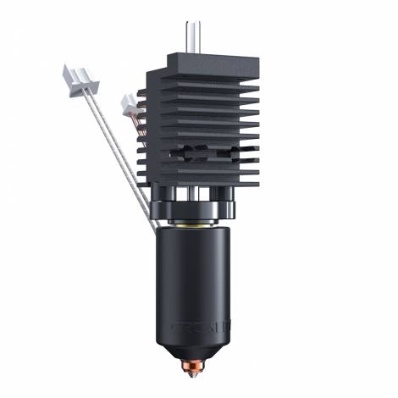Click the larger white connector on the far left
click(x=78, y=78)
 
